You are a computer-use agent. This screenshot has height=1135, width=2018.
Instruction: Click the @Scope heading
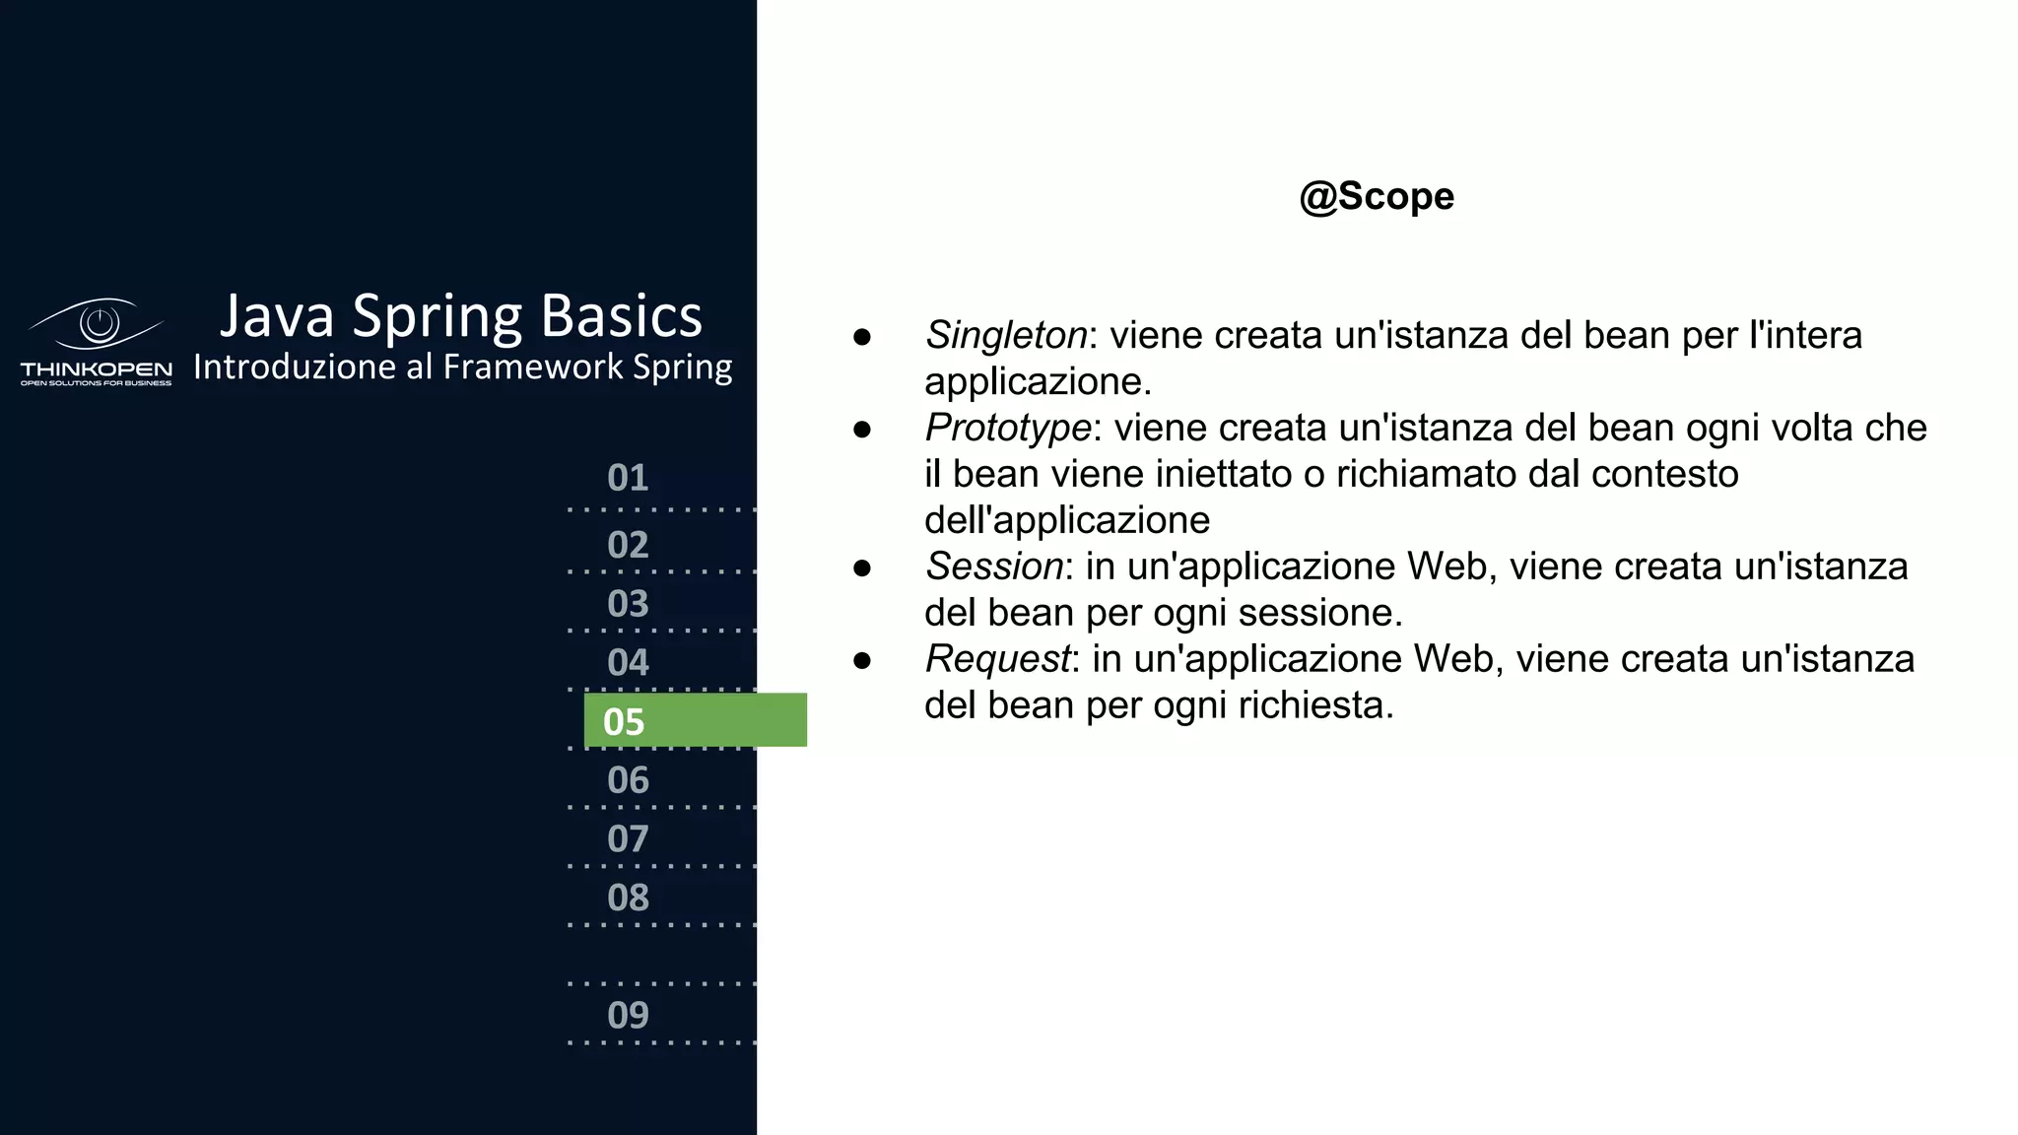click(x=1376, y=196)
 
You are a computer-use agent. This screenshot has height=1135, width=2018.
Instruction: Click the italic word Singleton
click(x=1006, y=336)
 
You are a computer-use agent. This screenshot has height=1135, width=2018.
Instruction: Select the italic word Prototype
click(x=1008, y=429)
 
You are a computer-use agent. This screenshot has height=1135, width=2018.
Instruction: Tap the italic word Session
click(x=994, y=567)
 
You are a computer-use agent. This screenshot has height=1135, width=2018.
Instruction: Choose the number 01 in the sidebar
click(x=628, y=478)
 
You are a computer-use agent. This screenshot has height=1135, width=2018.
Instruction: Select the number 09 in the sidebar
click(x=628, y=1016)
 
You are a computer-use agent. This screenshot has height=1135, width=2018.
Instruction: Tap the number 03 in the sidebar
click(x=628, y=604)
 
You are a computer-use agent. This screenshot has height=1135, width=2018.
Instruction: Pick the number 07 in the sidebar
click(x=628, y=839)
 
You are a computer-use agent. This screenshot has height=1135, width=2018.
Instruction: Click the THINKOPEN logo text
click(x=96, y=369)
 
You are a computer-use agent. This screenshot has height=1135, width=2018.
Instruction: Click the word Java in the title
click(x=277, y=317)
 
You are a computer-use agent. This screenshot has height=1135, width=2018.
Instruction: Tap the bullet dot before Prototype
click(x=862, y=430)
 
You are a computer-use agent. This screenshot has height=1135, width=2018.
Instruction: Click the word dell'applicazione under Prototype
click(x=1067, y=521)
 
